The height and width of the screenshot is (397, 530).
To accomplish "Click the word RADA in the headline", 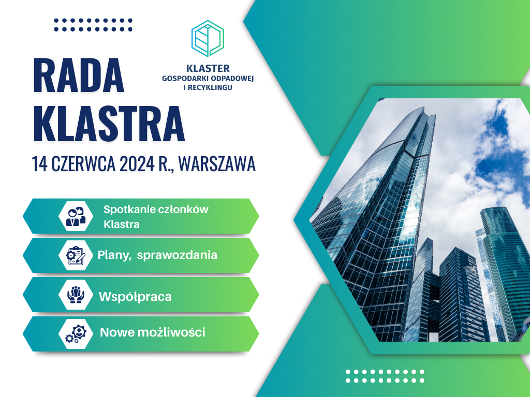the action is [79, 75].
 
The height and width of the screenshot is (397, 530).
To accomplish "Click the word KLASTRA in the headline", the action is [109, 123].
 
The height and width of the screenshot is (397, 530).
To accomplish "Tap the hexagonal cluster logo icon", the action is [208, 38].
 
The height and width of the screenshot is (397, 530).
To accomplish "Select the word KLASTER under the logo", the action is [208, 69].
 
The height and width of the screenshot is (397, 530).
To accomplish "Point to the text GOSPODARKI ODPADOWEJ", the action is [208, 79].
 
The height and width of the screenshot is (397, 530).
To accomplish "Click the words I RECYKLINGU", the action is [208, 87].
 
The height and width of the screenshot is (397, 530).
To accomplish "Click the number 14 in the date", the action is [39, 164].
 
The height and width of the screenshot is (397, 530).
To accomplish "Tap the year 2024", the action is [137, 164].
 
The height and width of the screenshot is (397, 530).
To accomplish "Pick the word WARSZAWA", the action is [217, 164].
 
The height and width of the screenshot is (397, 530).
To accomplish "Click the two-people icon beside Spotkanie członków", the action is [76, 216].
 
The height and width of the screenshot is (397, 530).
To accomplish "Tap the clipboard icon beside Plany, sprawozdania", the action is [76, 255].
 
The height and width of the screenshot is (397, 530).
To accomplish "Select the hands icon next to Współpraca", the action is [76, 295].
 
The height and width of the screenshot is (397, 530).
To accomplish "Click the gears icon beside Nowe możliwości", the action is [76, 333].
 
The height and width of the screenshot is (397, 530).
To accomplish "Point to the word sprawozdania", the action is [177, 255].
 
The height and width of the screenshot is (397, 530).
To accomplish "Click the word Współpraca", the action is [135, 297].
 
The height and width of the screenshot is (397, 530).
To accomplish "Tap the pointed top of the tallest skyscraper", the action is [424, 108].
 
